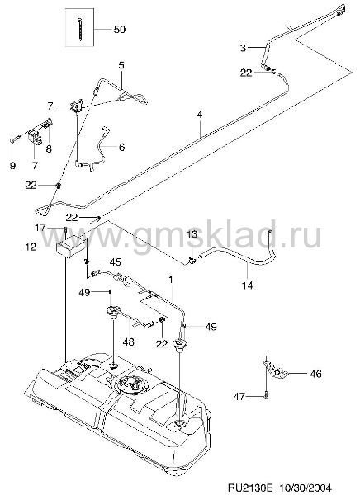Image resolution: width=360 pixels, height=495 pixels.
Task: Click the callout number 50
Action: [x=120, y=30]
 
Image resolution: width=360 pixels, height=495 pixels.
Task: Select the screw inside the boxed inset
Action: [x=79, y=30]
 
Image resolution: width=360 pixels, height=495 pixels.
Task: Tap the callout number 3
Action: [x=243, y=48]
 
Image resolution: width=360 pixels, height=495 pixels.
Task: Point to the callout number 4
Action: [x=200, y=115]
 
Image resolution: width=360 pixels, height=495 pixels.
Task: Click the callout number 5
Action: [x=121, y=66]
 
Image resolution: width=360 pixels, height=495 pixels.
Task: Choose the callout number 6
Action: [x=121, y=147]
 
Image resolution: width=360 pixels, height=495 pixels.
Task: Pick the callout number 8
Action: [x=49, y=148]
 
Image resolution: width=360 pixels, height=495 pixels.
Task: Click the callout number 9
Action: [x=12, y=165]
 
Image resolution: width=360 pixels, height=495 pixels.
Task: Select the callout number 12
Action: [x=31, y=247]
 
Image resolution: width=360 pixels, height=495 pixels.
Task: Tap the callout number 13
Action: [x=192, y=234]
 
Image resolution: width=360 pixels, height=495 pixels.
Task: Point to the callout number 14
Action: [x=248, y=285]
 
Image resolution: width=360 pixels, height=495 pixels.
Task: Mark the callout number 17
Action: [x=41, y=228]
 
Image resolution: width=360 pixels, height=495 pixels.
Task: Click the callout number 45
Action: [x=115, y=262]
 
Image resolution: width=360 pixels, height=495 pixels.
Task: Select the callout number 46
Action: [x=315, y=374]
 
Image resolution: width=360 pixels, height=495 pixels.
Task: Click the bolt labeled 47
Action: [x=267, y=395]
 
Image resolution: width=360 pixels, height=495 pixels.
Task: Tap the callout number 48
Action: [x=130, y=342]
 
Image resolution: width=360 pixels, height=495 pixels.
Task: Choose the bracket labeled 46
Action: [x=275, y=370]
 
